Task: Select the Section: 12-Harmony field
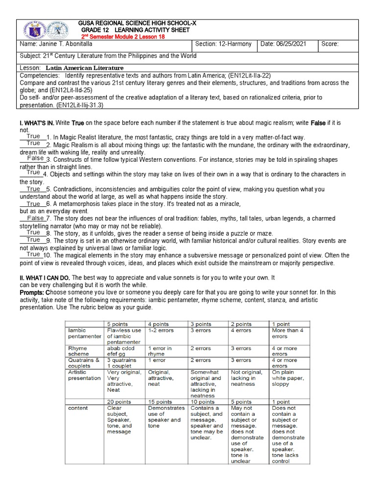click(x=223, y=44)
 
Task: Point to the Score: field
click(x=330, y=44)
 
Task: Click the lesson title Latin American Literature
click(x=85, y=68)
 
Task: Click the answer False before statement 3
click(x=35, y=158)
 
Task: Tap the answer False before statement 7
click(x=35, y=218)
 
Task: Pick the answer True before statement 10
click(x=33, y=254)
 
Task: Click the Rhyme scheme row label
click(x=78, y=351)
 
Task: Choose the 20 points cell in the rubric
click(x=119, y=402)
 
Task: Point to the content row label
click(x=78, y=408)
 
